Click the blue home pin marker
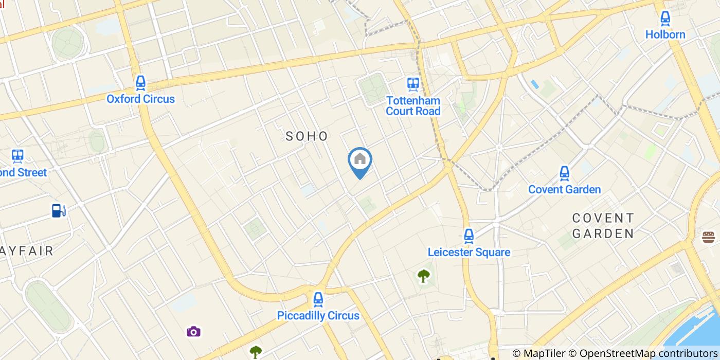click(x=360, y=160)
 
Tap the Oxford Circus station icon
click(x=140, y=83)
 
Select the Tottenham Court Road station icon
click(x=412, y=84)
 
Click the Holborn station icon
click(x=665, y=19)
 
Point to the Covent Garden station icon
click(x=564, y=173)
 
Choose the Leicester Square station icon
click(x=469, y=236)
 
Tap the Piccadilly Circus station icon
click(x=318, y=299)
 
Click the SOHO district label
click(x=307, y=136)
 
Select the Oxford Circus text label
click(x=140, y=99)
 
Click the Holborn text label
click(x=665, y=34)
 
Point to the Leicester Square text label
click(x=469, y=252)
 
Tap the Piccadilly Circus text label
click(x=318, y=315)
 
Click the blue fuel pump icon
click(x=59, y=210)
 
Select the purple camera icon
click(x=193, y=331)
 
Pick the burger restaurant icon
click(x=708, y=237)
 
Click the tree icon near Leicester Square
click(x=423, y=276)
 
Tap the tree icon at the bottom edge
click(x=256, y=352)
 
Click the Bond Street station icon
click(x=18, y=156)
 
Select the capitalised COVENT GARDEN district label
click(x=603, y=226)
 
